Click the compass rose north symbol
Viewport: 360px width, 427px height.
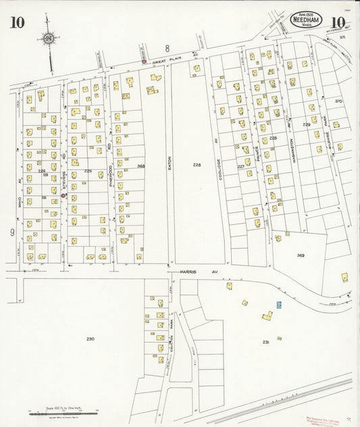coord(49,38)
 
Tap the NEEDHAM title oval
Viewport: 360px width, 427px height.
coord(306,22)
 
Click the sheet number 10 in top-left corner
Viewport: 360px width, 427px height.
coord(18,23)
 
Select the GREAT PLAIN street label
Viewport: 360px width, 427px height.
coord(164,62)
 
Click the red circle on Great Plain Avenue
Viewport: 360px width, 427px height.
coord(143,62)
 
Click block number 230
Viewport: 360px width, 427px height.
coord(91,338)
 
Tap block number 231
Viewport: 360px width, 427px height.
coord(266,343)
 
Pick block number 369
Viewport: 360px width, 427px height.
coord(301,255)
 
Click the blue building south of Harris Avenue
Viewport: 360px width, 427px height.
coord(278,305)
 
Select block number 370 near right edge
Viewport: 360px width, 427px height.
coord(338,101)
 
